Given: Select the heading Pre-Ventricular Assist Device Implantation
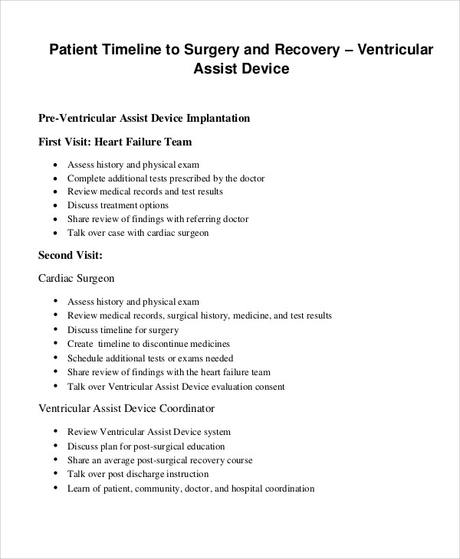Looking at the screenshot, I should (x=144, y=119).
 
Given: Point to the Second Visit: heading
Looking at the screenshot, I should (x=71, y=255).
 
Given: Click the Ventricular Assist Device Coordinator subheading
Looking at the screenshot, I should (x=127, y=408).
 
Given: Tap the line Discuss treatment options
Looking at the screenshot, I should (x=118, y=205).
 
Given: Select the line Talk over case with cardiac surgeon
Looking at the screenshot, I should (x=138, y=233).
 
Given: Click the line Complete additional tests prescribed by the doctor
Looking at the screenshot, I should (x=166, y=178).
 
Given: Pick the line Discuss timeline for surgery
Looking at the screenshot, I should (x=123, y=329).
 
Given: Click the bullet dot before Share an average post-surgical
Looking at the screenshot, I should (x=56, y=461).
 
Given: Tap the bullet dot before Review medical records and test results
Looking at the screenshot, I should (x=56, y=191).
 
